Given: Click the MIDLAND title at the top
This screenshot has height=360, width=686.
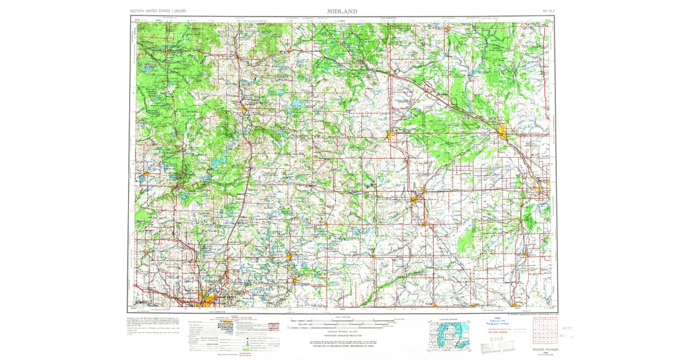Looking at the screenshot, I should pos(342,11).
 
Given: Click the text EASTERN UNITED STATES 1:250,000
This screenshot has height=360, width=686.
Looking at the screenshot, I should pos(161,11).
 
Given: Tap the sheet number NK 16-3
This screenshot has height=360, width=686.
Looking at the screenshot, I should pos(547,11).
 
